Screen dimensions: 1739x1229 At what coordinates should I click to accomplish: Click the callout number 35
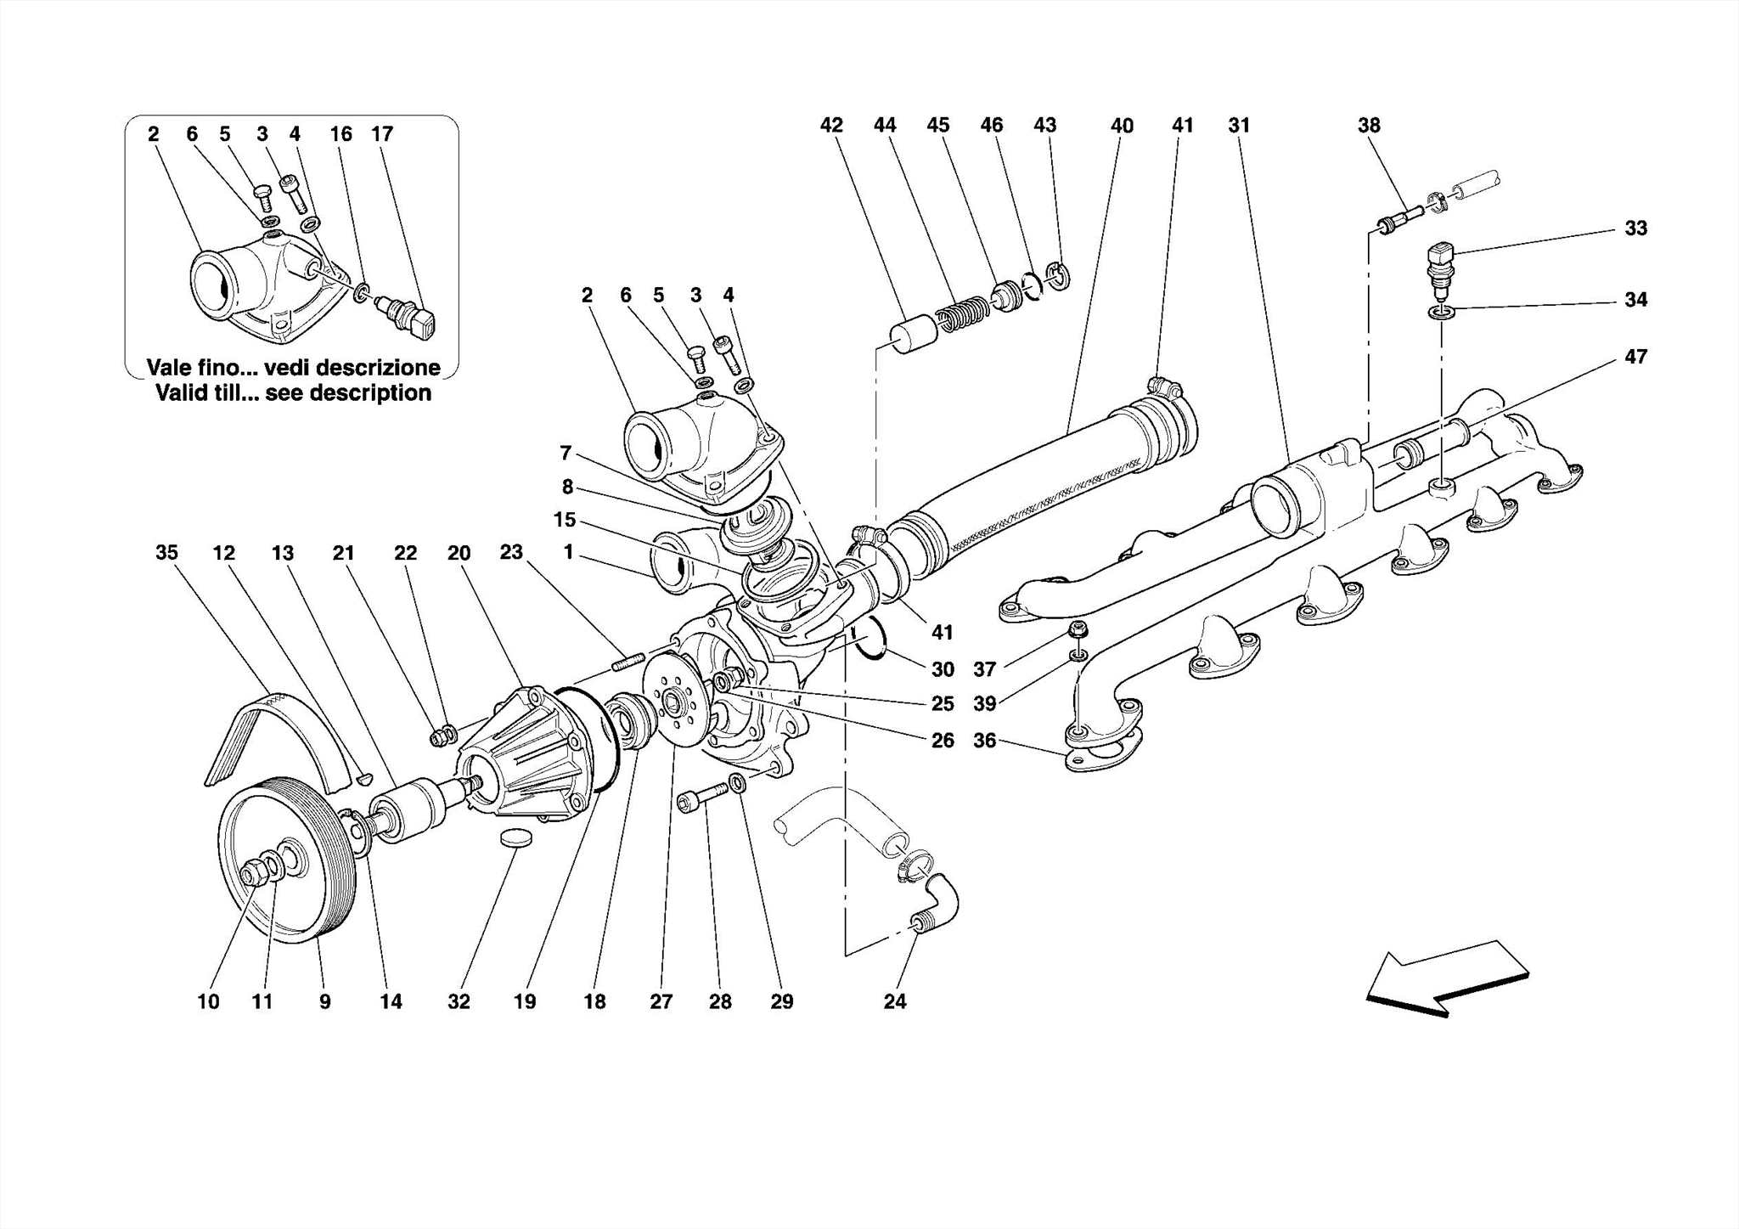[x=166, y=553]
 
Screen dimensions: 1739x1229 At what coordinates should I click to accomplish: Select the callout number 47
[x=1635, y=357]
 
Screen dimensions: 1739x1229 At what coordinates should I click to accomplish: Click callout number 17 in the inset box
[x=382, y=134]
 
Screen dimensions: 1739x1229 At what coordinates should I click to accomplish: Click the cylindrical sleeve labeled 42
[x=914, y=335]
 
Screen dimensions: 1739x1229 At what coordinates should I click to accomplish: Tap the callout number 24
[x=895, y=1001]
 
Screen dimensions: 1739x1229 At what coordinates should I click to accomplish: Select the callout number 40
[x=1122, y=126]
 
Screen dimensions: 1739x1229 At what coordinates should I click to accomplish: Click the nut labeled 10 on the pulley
[x=254, y=871]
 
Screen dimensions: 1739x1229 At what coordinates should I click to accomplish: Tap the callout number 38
[x=1369, y=126]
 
